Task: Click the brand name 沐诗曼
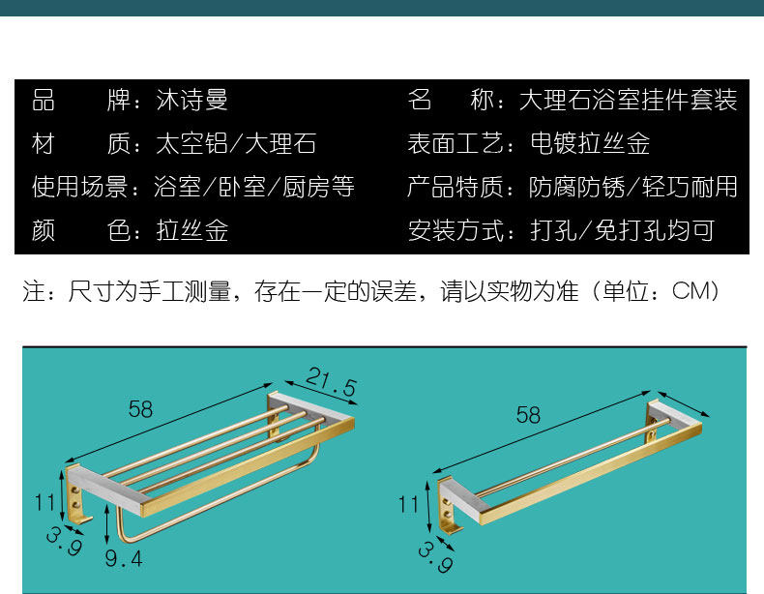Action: (192, 100)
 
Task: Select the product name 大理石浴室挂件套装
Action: (628, 100)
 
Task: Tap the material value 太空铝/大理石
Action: (236, 144)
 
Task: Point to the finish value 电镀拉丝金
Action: (590, 144)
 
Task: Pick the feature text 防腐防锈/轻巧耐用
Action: (632, 187)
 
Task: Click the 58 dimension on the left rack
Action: (140, 409)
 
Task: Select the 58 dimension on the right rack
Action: (528, 416)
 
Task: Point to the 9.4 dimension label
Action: (123, 558)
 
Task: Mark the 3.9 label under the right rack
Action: (435, 558)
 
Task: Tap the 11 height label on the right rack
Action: (409, 504)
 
